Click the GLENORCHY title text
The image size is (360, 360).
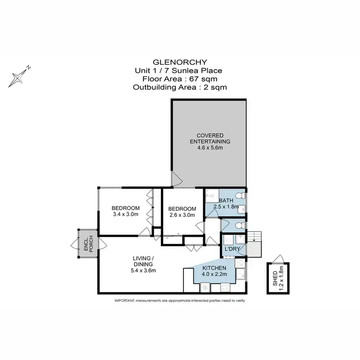click(180, 62)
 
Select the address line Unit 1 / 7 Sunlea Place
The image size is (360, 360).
click(180, 71)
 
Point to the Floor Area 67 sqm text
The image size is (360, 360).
click(180, 79)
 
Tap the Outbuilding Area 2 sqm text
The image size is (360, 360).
click(180, 87)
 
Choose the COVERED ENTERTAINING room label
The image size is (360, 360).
click(209, 138)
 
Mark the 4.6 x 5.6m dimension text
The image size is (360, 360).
click(209, 148)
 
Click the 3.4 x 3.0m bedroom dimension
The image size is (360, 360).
click(125, 215)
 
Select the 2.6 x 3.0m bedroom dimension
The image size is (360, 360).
click(182, 216)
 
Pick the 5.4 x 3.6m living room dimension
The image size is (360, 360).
click(143, 270)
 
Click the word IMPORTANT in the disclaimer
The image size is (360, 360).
click(124, 300)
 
